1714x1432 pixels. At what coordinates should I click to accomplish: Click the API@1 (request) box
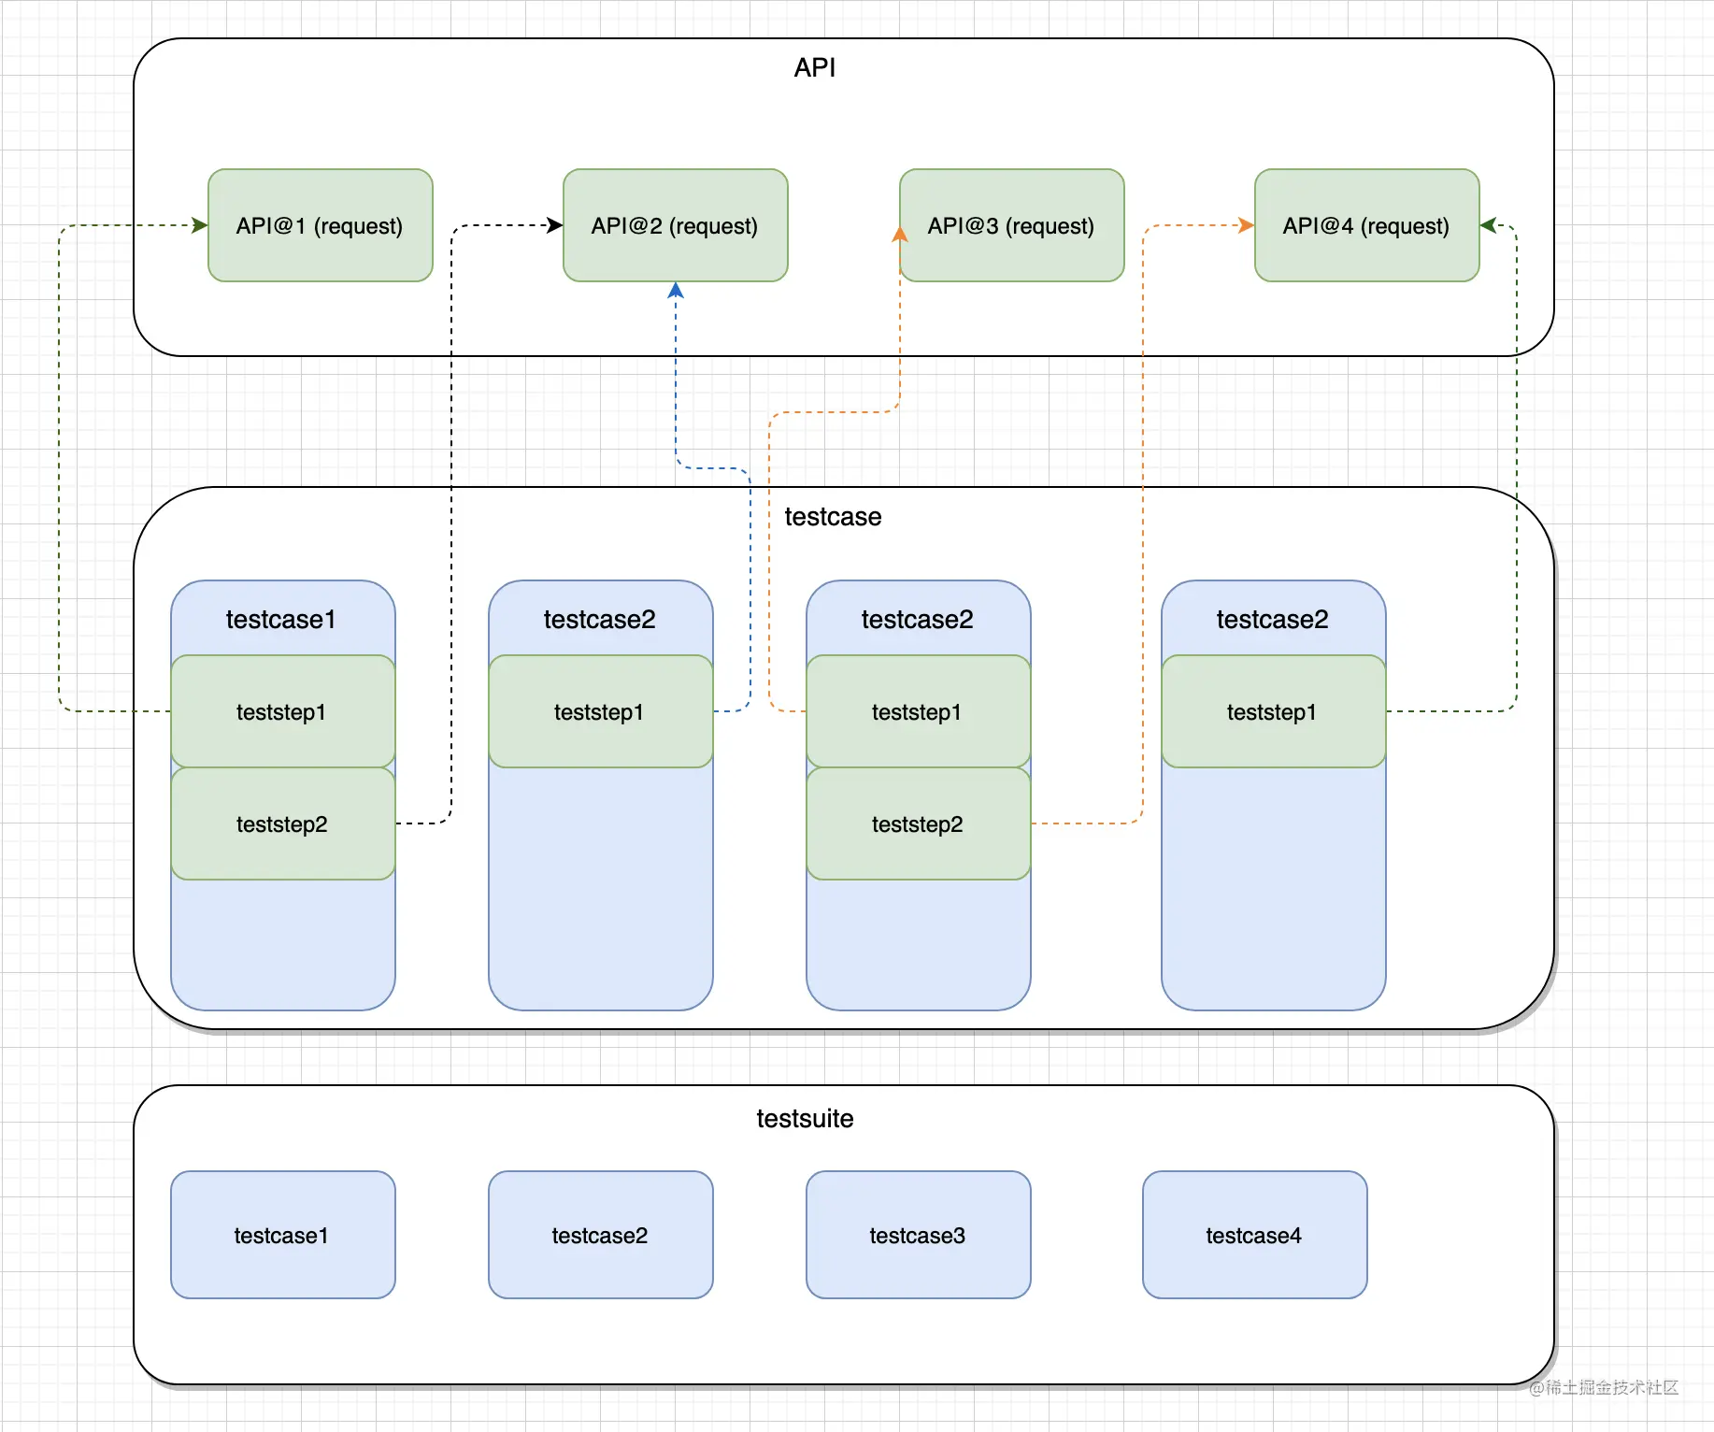pos(321,225)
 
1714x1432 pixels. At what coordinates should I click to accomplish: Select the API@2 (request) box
pos(676,225)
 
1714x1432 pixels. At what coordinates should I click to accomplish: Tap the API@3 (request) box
pos(1012,225)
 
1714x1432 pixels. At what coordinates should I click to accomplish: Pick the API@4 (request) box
pos(1367,225)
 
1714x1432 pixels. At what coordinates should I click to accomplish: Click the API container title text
pos(815,67)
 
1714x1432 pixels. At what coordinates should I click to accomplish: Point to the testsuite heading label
pos(805,1119)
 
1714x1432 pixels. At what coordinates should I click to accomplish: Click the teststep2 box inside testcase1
pos(283,823)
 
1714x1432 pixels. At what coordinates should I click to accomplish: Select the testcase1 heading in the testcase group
pos(280,619)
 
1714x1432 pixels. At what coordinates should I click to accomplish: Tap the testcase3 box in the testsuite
pos(919,1235)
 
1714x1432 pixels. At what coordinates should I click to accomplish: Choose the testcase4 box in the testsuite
pos(1255,1235)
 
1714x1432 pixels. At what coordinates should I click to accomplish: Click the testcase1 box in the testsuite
pos(283,1235)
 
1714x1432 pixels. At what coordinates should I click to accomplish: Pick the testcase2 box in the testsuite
pos(601,1235)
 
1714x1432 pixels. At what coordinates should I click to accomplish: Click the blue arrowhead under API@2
pos(676,290)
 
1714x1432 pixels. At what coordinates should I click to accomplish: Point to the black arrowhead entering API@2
pos(555,225)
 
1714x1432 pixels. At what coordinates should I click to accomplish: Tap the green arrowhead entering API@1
pos(200,225)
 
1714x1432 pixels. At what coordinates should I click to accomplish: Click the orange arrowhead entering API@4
pos(1247,225)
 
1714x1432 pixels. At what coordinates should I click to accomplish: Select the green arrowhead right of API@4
pos(1489,225)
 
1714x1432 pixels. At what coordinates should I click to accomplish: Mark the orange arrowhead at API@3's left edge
pos(900,234)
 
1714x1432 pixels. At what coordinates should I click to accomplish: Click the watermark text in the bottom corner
pos(1604,1387)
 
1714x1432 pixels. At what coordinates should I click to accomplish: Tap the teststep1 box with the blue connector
pos(601,711)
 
